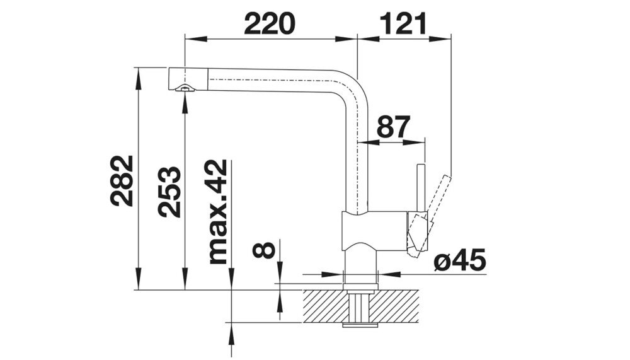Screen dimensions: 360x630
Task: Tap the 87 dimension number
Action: (x=394, y=128)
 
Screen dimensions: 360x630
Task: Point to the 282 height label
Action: (x=122, y=181)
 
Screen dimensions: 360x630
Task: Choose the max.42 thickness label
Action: (x=216, y=212)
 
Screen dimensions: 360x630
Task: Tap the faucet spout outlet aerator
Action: (x=184, y=89)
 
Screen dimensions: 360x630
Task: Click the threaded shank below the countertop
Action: (x=360, y=308)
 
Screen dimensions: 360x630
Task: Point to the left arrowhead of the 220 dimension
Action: (x=190, y=38)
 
